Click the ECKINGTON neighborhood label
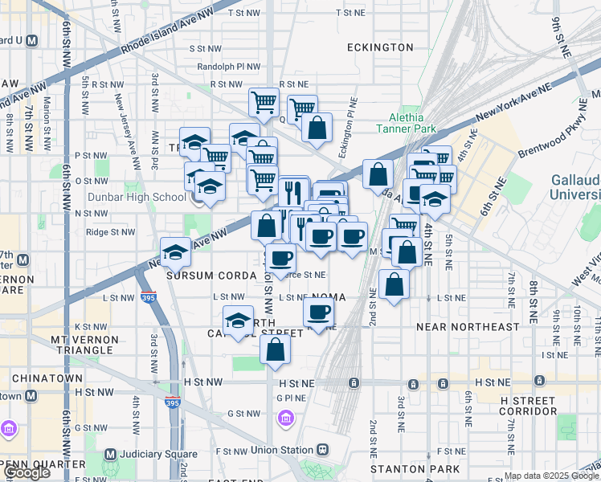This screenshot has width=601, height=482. click(380, 47)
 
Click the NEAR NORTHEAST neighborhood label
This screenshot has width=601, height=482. click(468, 327)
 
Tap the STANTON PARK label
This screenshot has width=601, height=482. click(415, 468)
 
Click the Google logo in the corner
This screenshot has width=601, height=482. click(27, 473)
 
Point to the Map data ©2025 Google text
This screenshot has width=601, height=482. click(551, 476)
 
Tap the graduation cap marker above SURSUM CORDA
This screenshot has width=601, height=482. click(176, 251)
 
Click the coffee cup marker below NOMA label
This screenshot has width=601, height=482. click(319, 312)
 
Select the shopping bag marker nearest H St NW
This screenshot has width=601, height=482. click(275, 349)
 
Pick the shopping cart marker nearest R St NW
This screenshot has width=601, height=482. click(263, 102)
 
